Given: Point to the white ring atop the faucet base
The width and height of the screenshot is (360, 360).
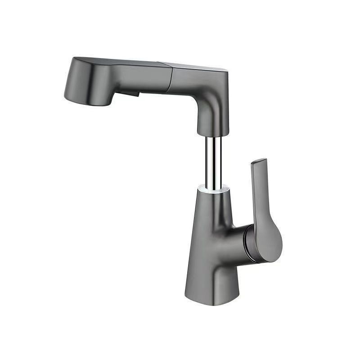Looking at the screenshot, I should (x=215, y=190).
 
